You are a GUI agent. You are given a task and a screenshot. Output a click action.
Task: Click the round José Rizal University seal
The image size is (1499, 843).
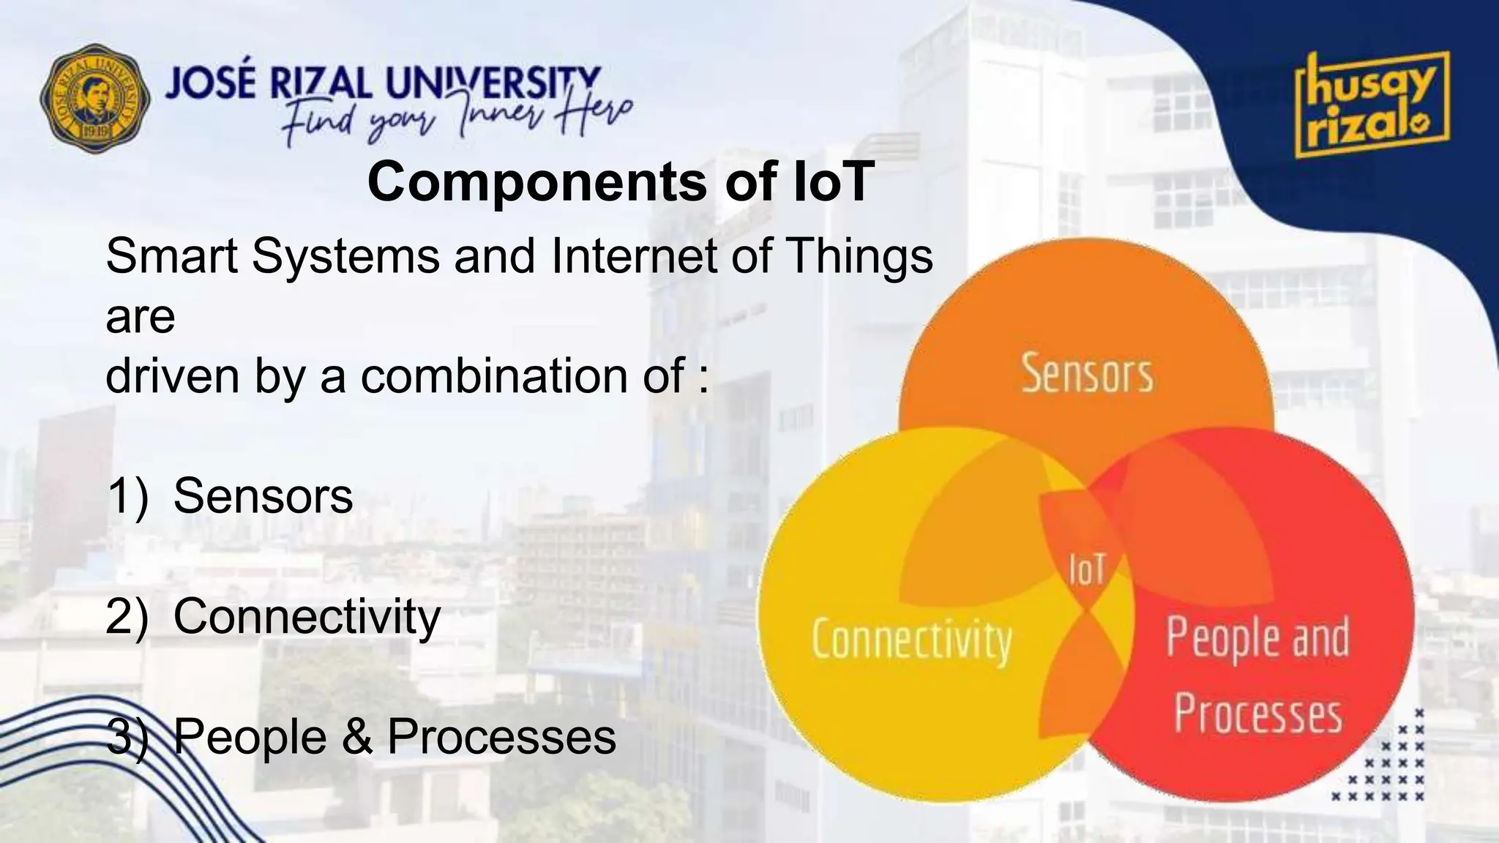click(x=95, y=98)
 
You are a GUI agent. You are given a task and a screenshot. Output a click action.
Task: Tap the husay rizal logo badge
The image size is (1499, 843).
click(x=1372, y=105)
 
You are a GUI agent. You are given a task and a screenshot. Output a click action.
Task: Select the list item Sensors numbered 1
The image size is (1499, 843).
click(x=262, y=495)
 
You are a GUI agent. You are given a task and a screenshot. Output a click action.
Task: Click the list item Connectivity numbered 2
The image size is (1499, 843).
click(x=306, y=616)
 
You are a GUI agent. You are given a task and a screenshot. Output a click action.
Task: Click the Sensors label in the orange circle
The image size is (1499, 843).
click(x=1086, y=373)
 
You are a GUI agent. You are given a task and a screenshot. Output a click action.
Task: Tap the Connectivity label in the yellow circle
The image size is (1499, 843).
click(x=911, y=640)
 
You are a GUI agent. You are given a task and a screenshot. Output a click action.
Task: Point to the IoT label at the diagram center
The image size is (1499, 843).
click(x=1086, y=569)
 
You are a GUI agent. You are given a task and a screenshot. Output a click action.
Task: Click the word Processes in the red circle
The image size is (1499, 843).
click(x=1257, y=714)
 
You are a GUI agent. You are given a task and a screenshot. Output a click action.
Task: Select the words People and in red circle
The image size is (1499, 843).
click(x=1257, y=637)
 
